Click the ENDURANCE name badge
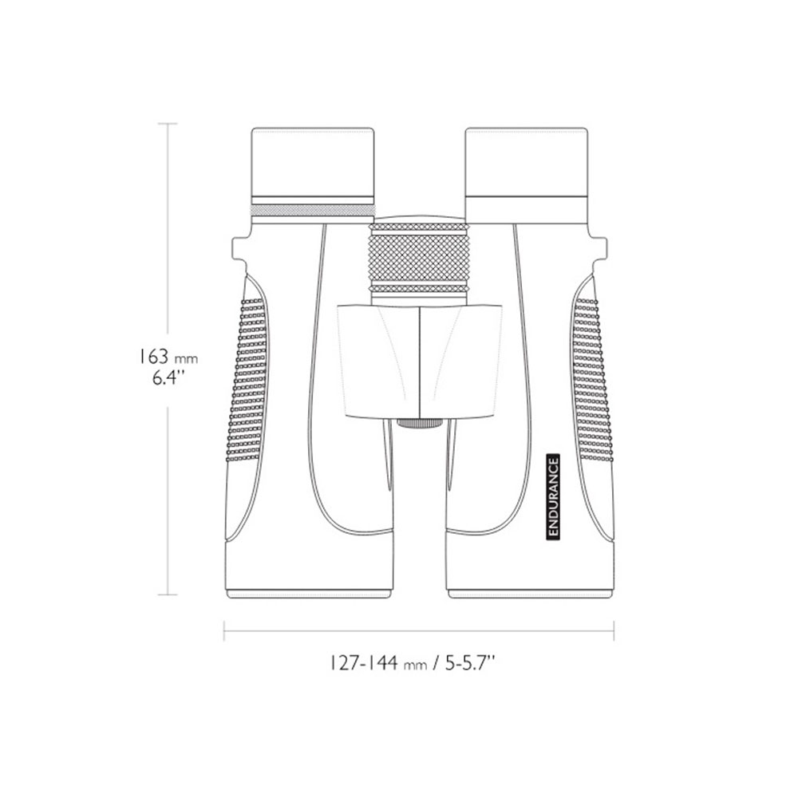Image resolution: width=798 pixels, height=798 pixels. (x=553, y=496)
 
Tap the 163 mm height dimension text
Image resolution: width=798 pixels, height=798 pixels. (x=168, y=357)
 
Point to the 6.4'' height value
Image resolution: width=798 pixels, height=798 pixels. (x=168, y=378)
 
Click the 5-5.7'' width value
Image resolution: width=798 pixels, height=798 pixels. (x=470, y=663)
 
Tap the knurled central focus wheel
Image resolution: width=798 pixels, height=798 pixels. (x=419, y=256)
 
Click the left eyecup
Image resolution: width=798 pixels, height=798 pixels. (x=313, y=166)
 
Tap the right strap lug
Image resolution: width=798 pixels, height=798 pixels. (x=599, y=248)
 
